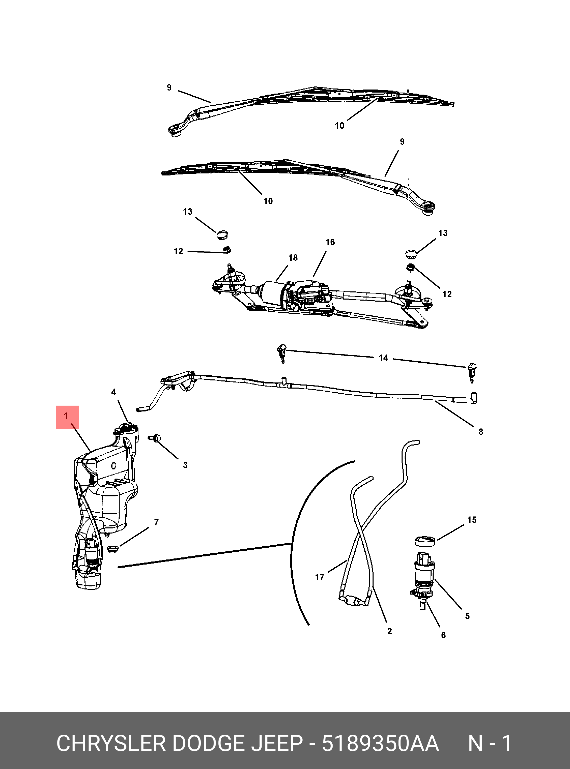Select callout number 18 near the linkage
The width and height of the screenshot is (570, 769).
point(293,258)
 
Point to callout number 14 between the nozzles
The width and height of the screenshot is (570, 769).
point(383,358)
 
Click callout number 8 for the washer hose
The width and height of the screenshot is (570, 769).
point(481,432)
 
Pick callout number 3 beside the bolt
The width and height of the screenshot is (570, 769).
point(185,465)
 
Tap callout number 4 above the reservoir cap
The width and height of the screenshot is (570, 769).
point(114,392)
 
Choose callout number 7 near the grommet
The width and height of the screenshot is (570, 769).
point(156,522)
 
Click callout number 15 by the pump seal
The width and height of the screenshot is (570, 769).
point(472,520)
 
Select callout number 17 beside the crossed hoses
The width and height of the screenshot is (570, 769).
point(320,577)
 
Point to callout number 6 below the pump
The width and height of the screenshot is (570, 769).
point(443,635)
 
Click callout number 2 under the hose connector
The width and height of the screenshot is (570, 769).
point(390,631)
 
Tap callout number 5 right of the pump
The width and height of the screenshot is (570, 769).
point(467,616)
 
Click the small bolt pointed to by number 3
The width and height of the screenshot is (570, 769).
point(155,438)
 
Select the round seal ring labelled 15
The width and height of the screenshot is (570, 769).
point(425,541)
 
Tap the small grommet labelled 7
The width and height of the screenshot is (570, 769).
point(113,549)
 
